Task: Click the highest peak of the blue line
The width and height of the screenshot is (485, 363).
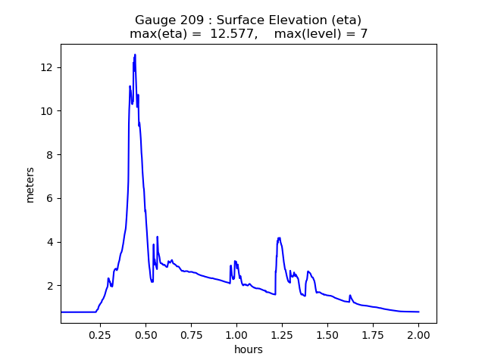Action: click(x=135, y=54)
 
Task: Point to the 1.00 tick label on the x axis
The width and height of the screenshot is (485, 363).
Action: click(x=236, y=335)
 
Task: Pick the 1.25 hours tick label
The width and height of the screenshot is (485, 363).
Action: click(x=282, y=335)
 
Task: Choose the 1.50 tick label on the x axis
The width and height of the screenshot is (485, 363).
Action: click(x=327, y=335)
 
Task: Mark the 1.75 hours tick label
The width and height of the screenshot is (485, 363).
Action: click(x=373, y=335)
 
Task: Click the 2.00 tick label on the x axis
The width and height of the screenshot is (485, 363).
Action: click(x=418, y=335)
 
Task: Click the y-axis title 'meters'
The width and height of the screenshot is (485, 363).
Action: click(x=30, y=184)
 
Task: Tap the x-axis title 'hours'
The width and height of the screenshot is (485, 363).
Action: click(x=249, y=349)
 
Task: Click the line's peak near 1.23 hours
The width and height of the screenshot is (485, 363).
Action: click(x=279, y=237)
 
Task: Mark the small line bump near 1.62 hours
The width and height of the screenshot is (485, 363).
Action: click(x=350, y=296)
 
